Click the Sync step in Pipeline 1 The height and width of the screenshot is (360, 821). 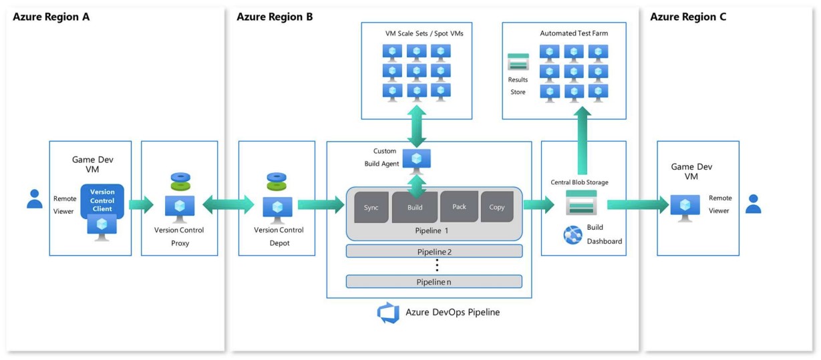coord(371,207)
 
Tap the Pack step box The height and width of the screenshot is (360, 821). coord(459,206)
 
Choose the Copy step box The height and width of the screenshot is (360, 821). coord(496,206)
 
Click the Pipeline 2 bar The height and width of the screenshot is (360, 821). coord(434,251)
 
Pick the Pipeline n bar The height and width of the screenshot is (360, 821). coord(434,281)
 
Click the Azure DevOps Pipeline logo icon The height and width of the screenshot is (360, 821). coord(388,313)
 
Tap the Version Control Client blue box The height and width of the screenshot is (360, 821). coord(102,200)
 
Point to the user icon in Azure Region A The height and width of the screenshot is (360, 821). coord(35,198)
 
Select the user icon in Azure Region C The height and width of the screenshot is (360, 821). coord(754,204)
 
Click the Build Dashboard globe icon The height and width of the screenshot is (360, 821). coord(572,234)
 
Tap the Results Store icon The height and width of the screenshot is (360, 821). coord(518,61)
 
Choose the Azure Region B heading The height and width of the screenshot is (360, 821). coord(275,17)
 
